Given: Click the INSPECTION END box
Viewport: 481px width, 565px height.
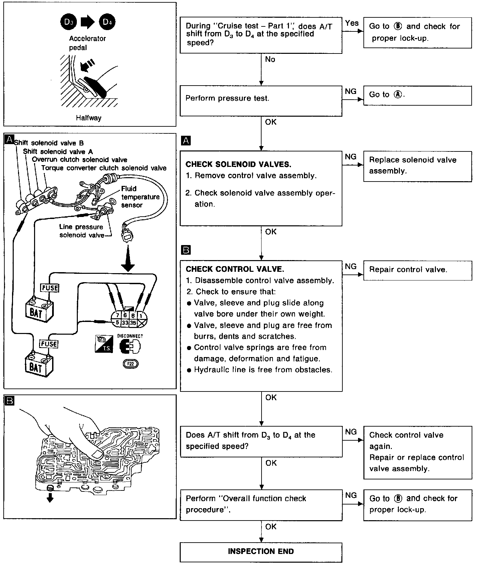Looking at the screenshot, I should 261,551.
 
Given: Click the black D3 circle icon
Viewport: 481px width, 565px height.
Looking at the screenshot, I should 68,22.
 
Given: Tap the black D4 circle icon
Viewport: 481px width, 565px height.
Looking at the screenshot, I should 107,22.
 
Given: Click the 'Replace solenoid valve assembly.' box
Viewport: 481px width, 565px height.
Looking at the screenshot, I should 418,166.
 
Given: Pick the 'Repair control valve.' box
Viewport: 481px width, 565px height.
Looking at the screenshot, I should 418,270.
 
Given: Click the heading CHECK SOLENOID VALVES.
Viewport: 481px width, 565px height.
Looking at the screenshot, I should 238,164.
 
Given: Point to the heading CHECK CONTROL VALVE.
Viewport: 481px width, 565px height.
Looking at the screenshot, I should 235,269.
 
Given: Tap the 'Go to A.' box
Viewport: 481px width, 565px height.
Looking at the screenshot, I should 418,95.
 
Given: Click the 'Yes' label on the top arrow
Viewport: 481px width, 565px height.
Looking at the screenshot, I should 352,23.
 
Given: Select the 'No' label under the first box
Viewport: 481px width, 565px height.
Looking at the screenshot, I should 270,60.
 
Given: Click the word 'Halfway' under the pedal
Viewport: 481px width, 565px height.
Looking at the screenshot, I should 89,118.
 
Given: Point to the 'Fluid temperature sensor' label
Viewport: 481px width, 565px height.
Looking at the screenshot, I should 140,197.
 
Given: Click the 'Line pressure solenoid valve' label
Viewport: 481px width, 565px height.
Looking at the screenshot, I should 82,231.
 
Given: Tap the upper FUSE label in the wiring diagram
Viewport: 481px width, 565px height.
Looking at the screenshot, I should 49,288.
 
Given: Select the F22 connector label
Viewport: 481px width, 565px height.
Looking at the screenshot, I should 130,364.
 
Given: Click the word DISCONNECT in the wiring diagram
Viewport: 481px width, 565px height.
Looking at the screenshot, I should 130,336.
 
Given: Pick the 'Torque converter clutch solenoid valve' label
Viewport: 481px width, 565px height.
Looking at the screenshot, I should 104,168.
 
